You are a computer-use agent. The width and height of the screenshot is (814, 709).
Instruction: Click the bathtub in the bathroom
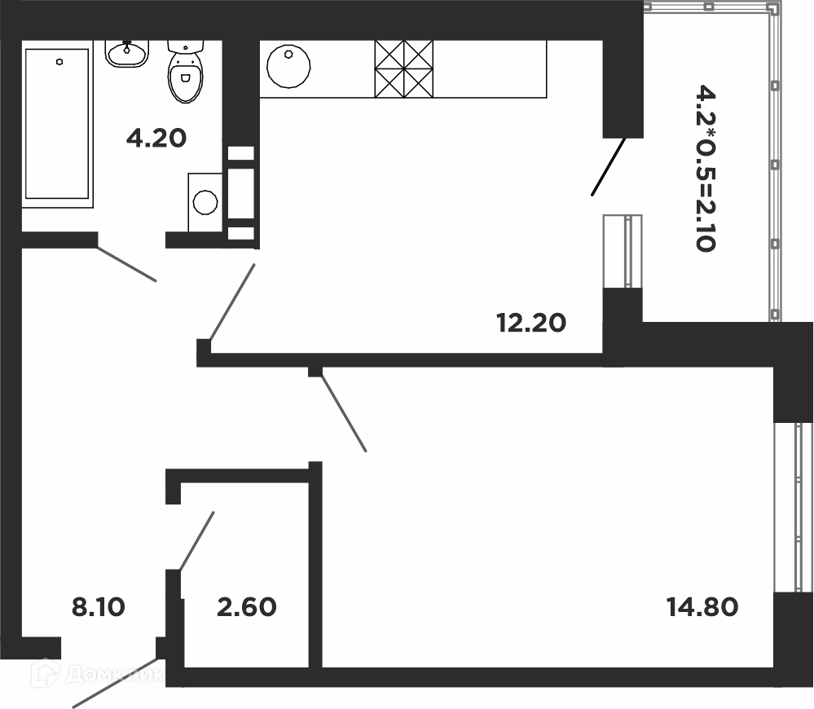click(57, 124)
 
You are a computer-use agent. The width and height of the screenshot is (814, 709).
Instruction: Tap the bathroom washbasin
click(128, 54)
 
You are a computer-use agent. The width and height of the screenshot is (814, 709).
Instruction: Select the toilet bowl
click(185, 72)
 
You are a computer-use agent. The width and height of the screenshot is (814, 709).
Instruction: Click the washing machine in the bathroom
click(205, 202)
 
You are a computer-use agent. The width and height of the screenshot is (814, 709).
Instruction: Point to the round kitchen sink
click(288, 67)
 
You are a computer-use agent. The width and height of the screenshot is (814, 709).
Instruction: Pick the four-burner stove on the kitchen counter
click(404, 69)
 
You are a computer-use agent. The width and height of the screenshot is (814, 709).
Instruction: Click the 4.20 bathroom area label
click(156, 139)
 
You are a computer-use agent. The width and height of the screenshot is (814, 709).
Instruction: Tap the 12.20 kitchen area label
click(531, 323)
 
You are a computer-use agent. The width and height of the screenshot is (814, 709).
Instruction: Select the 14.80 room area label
click(702, 607)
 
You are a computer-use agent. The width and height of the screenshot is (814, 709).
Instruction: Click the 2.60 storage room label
click(247, 607)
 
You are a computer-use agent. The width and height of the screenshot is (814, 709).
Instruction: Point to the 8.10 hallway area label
click(99, 607)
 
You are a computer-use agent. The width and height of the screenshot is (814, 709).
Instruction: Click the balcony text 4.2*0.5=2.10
click(706, 168)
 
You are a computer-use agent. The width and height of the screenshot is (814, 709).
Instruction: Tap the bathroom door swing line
click(126, 264)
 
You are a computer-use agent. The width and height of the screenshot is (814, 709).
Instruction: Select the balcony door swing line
click(609, 166)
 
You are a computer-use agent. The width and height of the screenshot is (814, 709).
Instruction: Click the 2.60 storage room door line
click(196, 541)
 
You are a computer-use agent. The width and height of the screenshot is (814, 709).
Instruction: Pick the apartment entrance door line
click(116, 683)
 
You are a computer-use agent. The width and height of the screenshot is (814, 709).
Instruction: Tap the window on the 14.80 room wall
click(793, 508)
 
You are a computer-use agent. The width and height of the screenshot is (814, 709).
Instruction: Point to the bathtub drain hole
click(60, 62)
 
